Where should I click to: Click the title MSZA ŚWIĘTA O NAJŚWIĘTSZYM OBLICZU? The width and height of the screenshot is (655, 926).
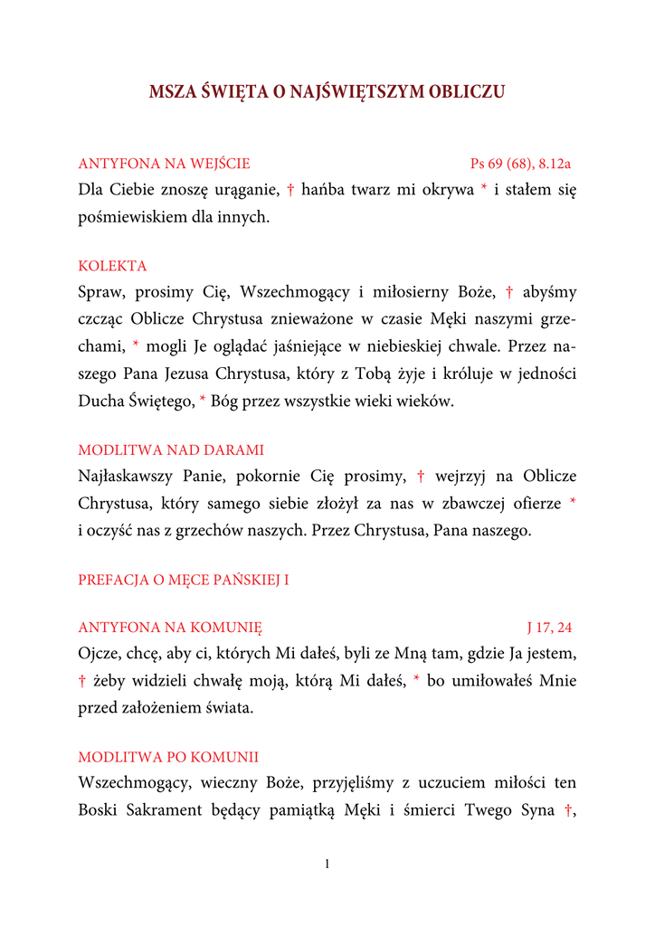tap(327, 92)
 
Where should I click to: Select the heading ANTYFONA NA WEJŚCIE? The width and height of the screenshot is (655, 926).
tap(164, 164)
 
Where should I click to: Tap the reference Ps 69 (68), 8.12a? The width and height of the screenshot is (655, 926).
tap(520, 164)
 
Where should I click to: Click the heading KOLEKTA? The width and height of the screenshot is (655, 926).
tap(112, 266)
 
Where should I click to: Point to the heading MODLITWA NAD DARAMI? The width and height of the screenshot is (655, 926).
tap(171, 449)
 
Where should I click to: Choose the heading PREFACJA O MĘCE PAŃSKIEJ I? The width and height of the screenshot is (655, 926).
tap(184, 580)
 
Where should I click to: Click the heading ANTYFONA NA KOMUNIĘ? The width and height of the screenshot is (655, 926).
tap(170, 627)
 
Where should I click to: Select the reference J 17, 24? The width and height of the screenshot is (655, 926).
tap(549, 627)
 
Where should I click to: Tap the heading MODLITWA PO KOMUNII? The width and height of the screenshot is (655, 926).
tap(168, 757)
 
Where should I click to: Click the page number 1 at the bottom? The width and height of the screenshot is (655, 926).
tap(327, 865)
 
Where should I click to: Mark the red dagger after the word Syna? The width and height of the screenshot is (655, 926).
tap(568, 810)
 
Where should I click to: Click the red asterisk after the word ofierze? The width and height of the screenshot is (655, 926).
tap(573, 502)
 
